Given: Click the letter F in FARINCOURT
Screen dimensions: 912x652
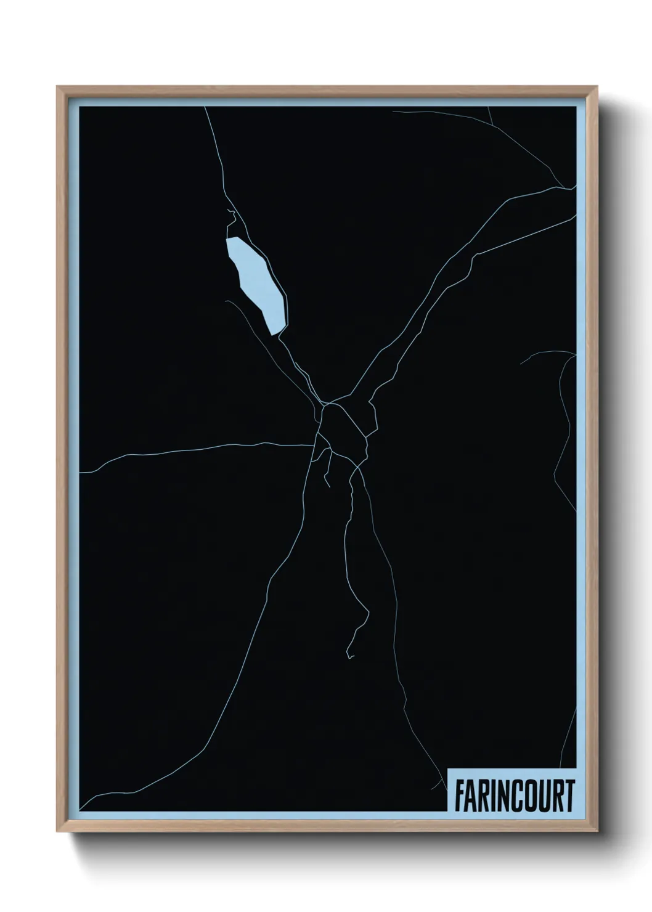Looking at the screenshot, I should coord(460,796).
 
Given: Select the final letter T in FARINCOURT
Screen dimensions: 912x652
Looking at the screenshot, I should coord(569,796).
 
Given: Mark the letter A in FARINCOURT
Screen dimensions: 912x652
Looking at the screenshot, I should coord(471,796).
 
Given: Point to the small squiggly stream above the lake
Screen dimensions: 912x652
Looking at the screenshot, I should coord(233,216).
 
